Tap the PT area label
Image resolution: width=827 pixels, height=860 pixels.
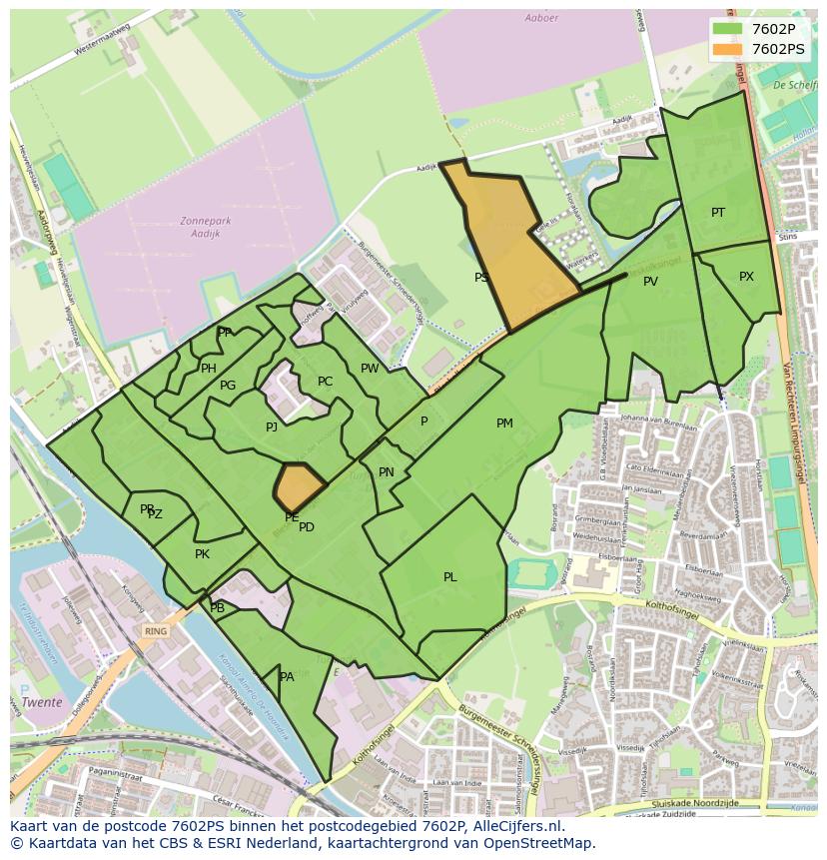pyautogui.click(x=718, y=213)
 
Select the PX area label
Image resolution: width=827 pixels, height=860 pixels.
pyautogui.click(x=746, y=277)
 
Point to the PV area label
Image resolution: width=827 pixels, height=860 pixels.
pyautogui.click(x=650, y=282)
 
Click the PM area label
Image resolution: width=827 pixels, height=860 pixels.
pyautogui.click(x=504, y=424)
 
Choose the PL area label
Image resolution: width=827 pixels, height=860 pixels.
pyautogui.click(x=450, y=577)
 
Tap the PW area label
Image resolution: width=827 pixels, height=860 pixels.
pyautogui.click(x=370, y=369)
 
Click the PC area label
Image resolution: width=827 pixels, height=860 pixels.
pyautogui.click(x=325, y=382)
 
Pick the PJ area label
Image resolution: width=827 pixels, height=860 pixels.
pyautogui.click(x=271, y=428)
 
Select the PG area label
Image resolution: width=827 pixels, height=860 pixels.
pyautogui.click(x=228, y=386)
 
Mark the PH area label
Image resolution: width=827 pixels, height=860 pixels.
pyautogui.click(x=208, y=369)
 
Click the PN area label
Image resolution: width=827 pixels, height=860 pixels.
pyautogui.click(x=387, y=472)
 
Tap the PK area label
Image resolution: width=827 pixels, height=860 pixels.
pyautogui.click(x=202, y=554)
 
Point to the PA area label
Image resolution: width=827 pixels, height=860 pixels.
pyautogui.click(x=287, y=677)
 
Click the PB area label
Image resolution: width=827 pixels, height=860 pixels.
pyautogui.click(x=218, y=608)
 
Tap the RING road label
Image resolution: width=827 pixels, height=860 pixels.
pyautogui.click(x=155, y=631)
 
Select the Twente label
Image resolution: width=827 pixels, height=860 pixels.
pyautogui.click(x=42, y=702)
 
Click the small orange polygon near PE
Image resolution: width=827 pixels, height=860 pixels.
pyautogui.click(x=299, y=485)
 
